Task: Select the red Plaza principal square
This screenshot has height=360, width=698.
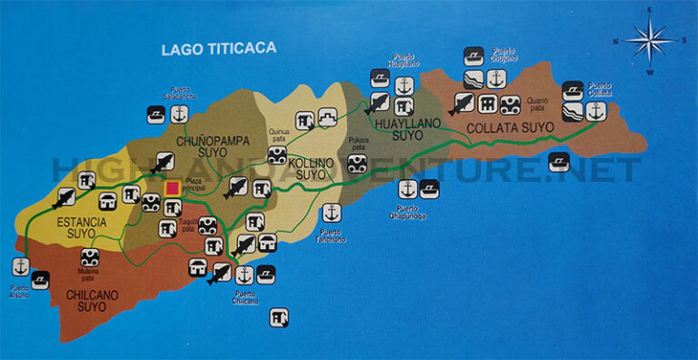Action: (x=172, y=188)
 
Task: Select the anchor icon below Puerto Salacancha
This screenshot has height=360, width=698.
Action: (x=179, y=115)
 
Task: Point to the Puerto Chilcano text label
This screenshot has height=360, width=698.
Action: (x=244, y=296)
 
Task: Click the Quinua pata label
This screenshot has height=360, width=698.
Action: (x=278, y=135)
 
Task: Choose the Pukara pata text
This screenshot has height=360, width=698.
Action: (x=358, y=143)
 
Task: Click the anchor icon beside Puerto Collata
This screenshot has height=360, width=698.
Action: (x=595, y=111)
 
